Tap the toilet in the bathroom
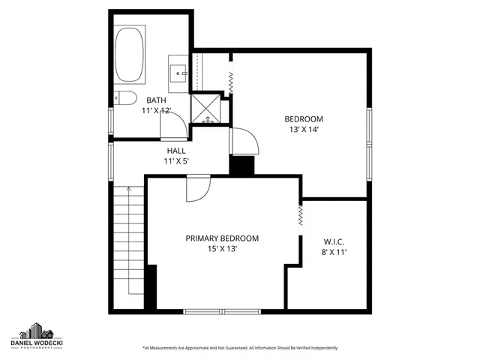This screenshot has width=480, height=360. [122, 98]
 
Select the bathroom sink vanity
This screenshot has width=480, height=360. [178, 72]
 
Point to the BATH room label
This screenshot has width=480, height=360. [156, 100]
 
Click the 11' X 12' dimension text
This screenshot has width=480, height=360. [156, 111]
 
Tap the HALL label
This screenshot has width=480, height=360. [176, 150]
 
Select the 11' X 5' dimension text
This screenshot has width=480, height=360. [176, 160]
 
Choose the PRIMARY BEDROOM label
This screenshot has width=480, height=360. [222, 238]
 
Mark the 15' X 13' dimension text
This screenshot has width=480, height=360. [222, 249]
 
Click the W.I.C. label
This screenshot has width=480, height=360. [334, 241]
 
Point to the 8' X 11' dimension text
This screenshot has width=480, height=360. [334, 252]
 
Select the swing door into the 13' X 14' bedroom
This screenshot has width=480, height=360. [243, 140]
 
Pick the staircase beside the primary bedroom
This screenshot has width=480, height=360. [127, 247]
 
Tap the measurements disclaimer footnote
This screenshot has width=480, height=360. [239, 348]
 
